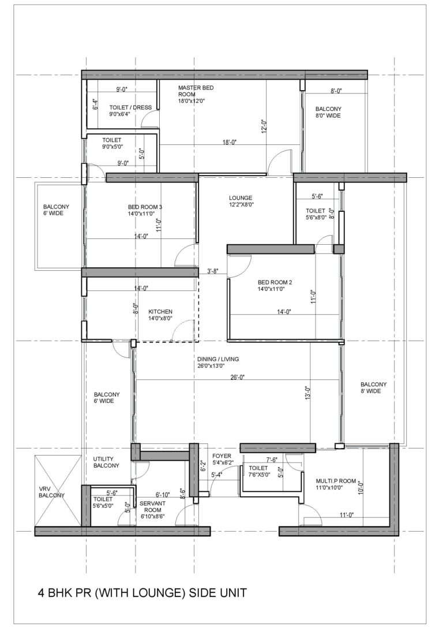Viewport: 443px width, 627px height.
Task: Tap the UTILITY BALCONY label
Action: point(106,462)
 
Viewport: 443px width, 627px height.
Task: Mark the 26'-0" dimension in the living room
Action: point(237,377)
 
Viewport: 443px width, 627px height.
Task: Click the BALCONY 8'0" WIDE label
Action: point(328,112)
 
